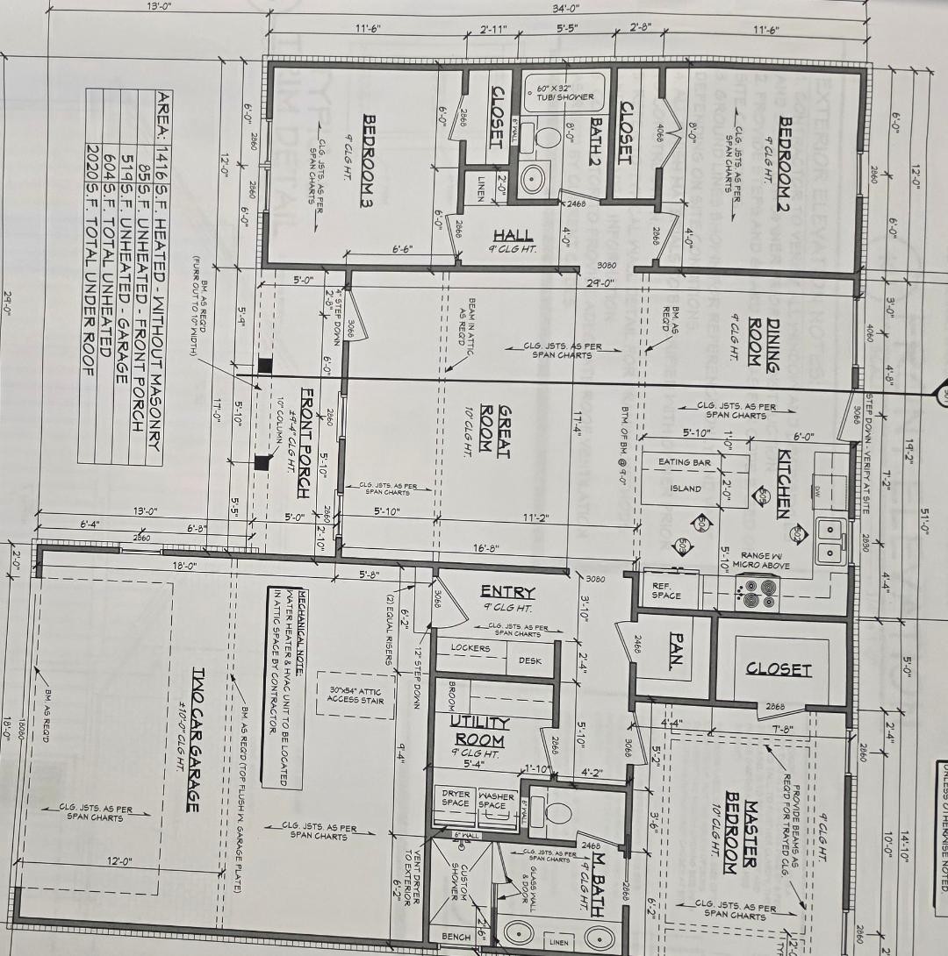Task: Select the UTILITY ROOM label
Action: coord(479,729)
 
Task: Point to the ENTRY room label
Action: coord(507,592)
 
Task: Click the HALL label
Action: coord(513,235)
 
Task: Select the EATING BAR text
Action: coord(685,461)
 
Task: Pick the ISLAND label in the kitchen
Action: coord(686,489)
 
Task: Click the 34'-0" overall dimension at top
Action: coord(566,8)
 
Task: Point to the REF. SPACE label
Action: coord(666,590)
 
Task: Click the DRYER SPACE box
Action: coord(456,800)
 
